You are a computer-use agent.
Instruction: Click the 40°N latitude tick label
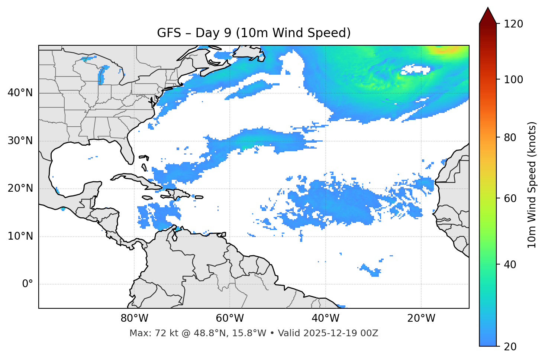[20, 93]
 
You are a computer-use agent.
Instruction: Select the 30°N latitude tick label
[20, 141]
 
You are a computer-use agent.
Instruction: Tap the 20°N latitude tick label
[20, 189]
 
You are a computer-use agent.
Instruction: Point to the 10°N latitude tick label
[20, 236]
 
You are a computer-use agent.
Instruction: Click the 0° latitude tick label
[27, 284]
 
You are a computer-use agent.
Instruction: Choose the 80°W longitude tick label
[134, 318]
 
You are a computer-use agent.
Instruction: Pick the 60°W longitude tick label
[230, 318]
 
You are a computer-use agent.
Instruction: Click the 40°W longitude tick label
[325, 318]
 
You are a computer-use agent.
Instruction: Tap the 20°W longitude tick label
[421, 318]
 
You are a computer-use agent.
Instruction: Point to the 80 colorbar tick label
[510, 137]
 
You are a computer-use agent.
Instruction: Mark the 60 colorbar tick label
[510, 198]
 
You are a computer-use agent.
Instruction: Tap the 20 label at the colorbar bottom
[510, 347]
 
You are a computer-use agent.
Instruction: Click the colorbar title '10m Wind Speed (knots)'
[532, 185]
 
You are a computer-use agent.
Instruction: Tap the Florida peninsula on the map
[127, 150]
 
